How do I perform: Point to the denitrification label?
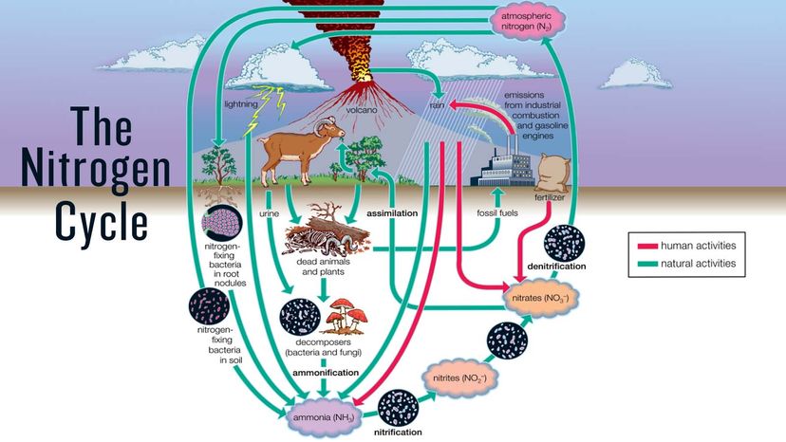(x=556, y=267)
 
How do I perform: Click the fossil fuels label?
(x=497, y=213)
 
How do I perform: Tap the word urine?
(x=270, y=213)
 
